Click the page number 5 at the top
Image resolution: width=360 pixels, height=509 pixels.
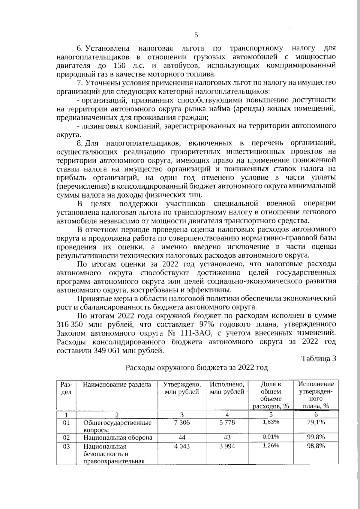coord(196,35)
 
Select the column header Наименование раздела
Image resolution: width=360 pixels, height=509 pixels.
coord(117,385)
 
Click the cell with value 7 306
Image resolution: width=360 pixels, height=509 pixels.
coord(182,422)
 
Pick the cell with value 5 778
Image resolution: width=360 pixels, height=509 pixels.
coord(227,422)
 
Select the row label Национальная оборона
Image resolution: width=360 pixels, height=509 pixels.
coord(118,437)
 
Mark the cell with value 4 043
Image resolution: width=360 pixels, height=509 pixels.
coord(182,446)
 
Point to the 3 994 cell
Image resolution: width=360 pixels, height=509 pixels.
coord(227,446)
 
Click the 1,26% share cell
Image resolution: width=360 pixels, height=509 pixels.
coord(271,446)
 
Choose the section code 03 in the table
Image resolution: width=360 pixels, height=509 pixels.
coord(66,446)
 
